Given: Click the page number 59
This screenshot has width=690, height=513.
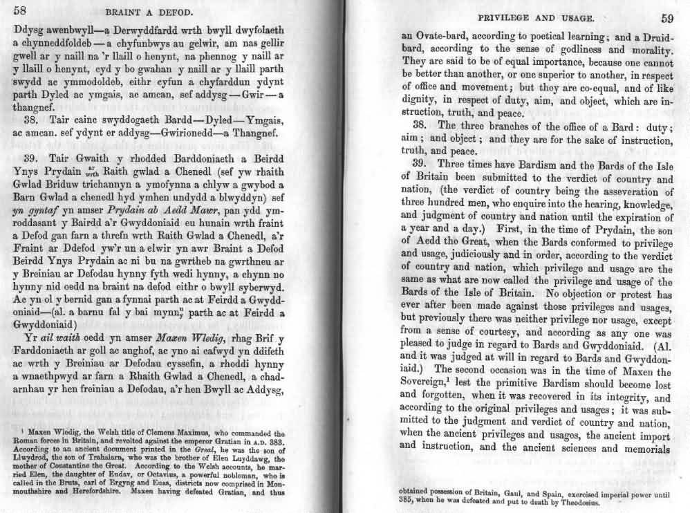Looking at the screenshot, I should (x=666, y=19).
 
